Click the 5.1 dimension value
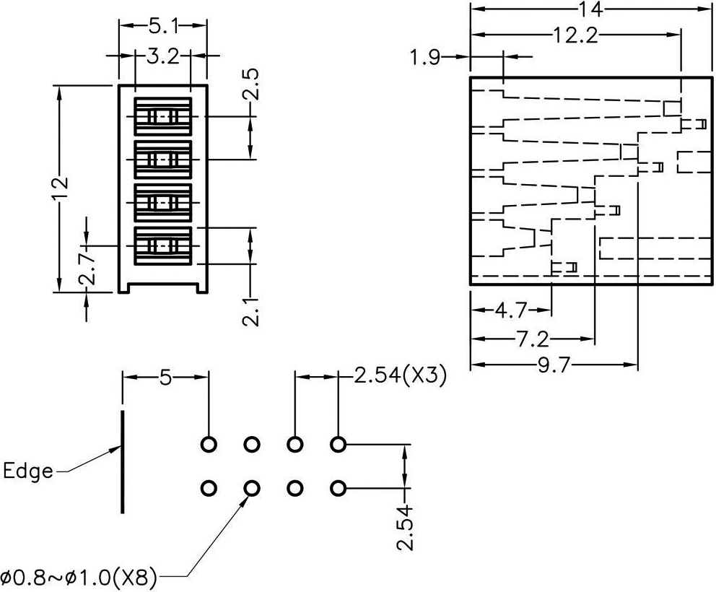click(163, 27)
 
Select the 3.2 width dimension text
click(162, 56)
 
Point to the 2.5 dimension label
click(250, 85)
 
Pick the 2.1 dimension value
click(250, 313)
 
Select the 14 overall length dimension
click(588, 9)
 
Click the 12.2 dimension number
click(575, 34)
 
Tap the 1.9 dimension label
click(425, 58)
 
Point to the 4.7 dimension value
click(511, 311)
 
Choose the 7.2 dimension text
click(533, 339)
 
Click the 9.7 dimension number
click(554, 365)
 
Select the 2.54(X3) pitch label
click(399, 375)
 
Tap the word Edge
click(28, 471)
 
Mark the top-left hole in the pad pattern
click(209, 444)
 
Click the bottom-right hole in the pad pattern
click(338, 489)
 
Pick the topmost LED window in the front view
click(163, 116)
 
